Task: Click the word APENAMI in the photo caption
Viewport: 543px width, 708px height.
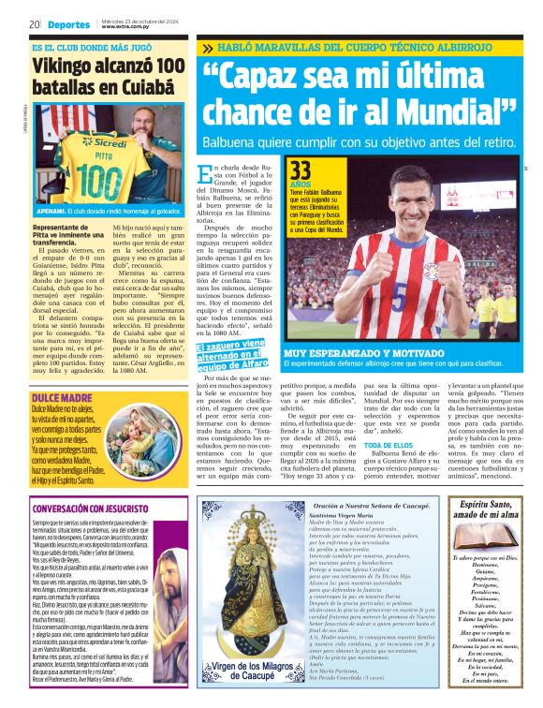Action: coord(53,213)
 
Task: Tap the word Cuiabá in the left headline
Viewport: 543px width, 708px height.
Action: coord(150,87)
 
